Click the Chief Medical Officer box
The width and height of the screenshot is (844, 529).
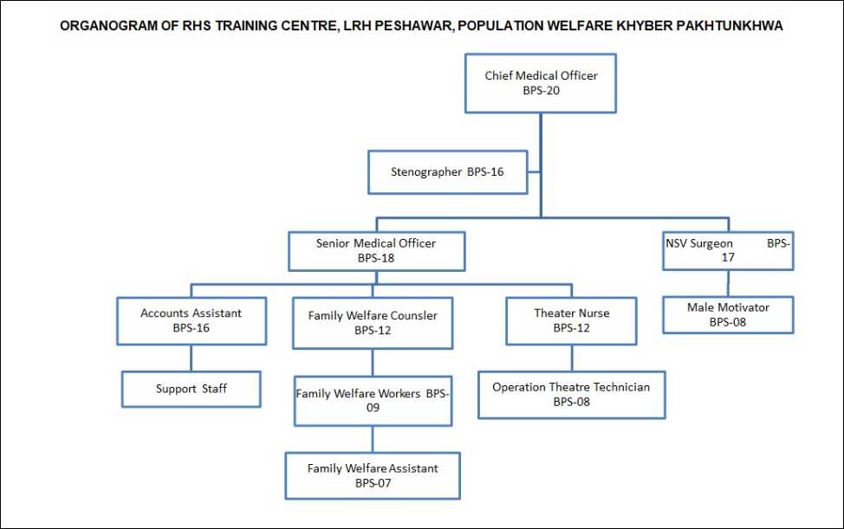(x=541, y=83)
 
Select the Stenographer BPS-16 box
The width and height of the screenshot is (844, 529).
(x=448, y=172)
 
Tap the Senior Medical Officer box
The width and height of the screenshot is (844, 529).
(x=377, y=251)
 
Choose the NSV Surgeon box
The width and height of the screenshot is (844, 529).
(x=728, y=250)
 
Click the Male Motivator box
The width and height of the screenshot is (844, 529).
(x=728, y=315)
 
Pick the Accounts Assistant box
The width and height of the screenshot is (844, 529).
(x=192, y=321)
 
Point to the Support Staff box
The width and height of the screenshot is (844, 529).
(x=192, y=389)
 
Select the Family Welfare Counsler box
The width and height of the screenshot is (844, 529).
(x=373, y=323)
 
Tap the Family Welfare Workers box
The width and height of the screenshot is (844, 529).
(x=373, y=401)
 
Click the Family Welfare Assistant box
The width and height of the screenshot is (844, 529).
(x=373, y=476)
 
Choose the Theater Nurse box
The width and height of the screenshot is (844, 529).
(x=572, y=321)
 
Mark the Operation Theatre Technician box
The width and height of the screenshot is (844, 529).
(x=572, y=395)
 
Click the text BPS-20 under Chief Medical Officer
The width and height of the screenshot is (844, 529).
(x=541, y=91)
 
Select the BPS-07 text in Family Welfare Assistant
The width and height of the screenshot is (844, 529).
(x=373, y=483)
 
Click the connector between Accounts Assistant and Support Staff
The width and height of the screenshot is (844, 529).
(x=192, y=358)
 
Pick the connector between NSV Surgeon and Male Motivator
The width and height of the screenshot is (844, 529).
(x=728, y=283)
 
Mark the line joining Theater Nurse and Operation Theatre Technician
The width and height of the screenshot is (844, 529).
(x=572, y=358)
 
